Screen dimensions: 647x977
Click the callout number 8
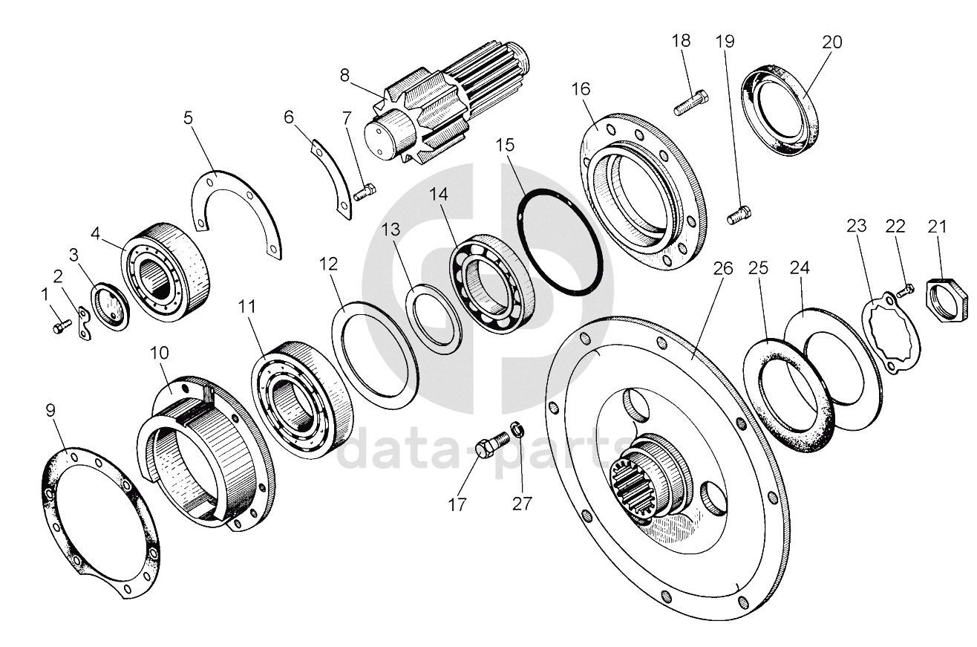344,74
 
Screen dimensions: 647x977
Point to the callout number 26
723,268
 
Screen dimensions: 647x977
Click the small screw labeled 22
906,287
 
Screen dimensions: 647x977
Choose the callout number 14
440,195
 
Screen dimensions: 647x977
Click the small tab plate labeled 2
85,324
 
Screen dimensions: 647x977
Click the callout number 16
581,90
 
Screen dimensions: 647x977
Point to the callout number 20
832,42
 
